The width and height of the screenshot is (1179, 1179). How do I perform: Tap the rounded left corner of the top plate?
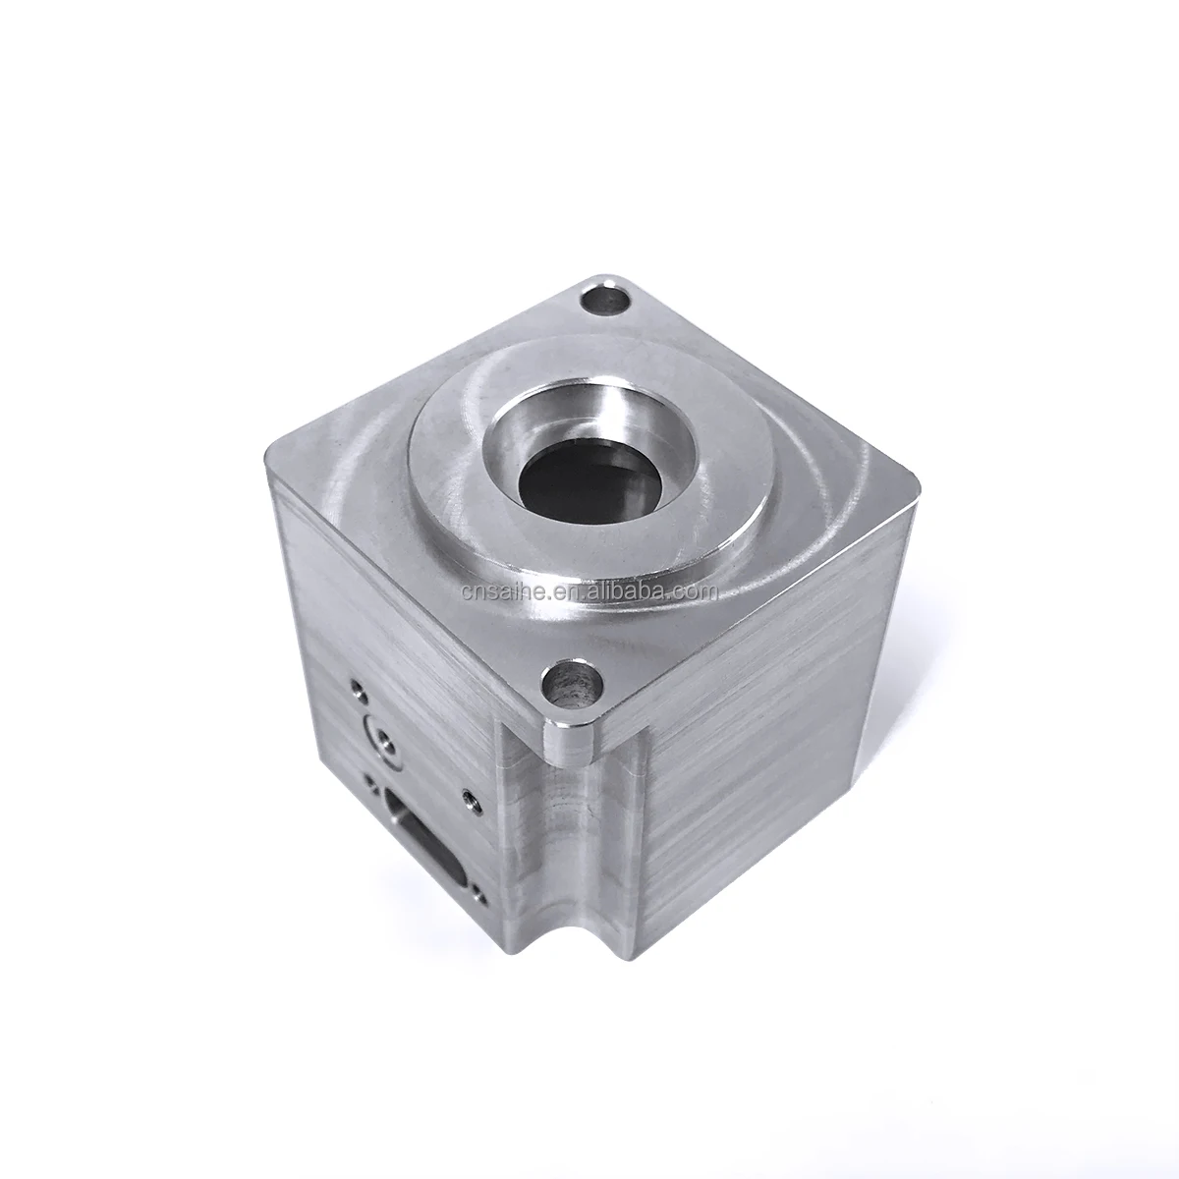point(275,451)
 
